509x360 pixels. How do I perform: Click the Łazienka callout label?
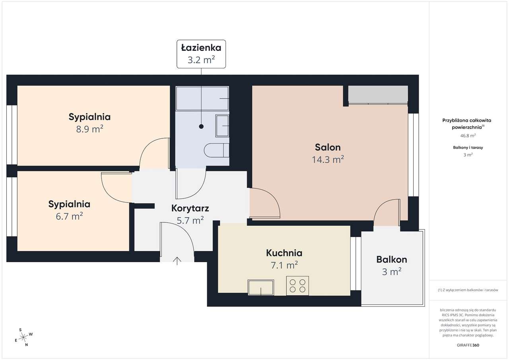pos(201,48)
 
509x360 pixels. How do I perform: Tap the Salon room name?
pos(328,147)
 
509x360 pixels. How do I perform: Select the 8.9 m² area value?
pos(89,129)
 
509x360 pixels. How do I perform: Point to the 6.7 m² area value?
pos(69,216)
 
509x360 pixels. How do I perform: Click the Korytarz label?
pos(190,208)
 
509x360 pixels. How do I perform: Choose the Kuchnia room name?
pos(284,253)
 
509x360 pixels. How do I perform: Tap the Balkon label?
pos(391,259)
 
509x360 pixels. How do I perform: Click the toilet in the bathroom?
pos(216,150)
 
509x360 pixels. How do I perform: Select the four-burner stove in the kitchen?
pos(297,286)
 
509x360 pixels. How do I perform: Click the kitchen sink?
pos(260,287)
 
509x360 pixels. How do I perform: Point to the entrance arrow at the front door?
pos(177,261)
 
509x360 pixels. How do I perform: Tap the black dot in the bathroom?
pos(201,126)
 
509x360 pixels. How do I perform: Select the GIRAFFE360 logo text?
pos(468,345)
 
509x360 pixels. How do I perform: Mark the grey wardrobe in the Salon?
pos(378,94)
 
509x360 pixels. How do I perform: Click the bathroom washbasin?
pos(222,126)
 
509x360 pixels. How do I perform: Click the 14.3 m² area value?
pos(328,160)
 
